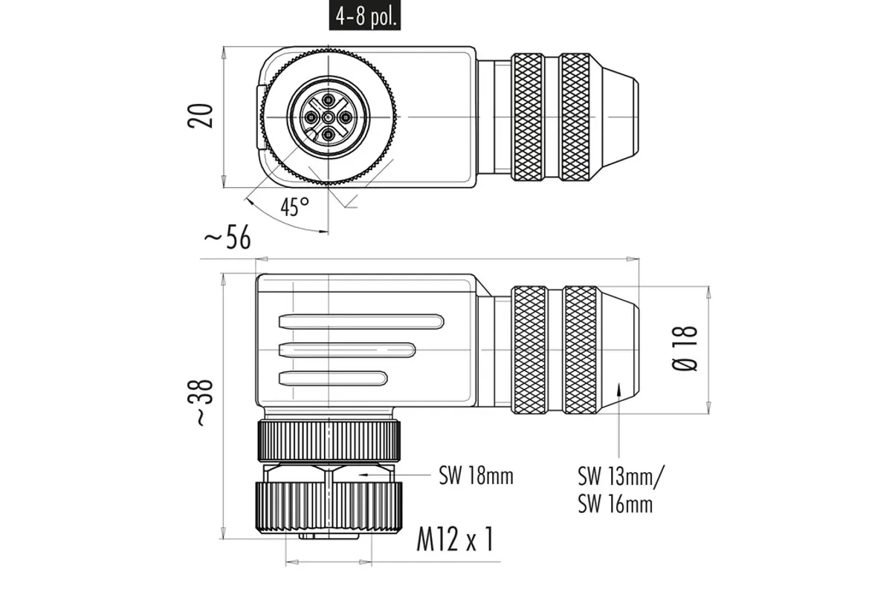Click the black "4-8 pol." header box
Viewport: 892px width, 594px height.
[x=364, y=16]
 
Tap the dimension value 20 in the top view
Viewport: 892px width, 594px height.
[x=200, y=116]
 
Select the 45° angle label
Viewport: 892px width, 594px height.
[x=294, y=206]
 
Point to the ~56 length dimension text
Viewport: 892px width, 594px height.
[x=227, y=237]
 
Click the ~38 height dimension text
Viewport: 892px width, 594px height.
[x=204, y=402]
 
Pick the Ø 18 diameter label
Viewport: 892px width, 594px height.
[x=685, y=348]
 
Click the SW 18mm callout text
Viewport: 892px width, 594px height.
[x=476, y=475]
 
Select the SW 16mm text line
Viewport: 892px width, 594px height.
[x=615, y=504]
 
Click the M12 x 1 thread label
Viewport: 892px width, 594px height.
[x=455, y=539]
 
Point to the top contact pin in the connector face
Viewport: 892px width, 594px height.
[x=328, y=99]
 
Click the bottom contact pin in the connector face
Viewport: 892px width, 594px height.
[x=328, y=135]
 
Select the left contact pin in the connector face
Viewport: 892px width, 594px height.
[x=310, y=117]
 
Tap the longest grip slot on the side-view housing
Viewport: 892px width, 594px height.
[x=361, y=322]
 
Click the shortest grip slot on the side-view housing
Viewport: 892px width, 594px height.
[x=333, y=379]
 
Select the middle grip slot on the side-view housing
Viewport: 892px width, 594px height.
[x=347, y=350]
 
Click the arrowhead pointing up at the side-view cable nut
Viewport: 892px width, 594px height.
[x=618, y=388]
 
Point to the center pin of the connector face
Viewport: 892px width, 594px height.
[x=328, y=117]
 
